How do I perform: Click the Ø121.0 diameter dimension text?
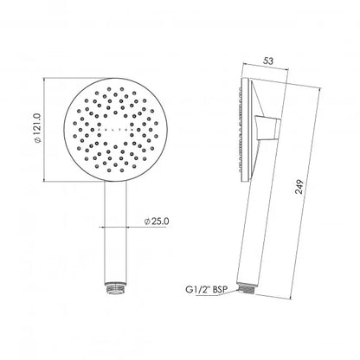click(x=39, y=128)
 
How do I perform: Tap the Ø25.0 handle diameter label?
click(x=157, y=222)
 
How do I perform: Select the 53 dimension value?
click(x=268, y=61)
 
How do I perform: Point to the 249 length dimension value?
click(x=300, y=187)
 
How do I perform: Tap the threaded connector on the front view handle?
click(x=115, y=288)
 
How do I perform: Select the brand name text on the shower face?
click(x=115, y=130)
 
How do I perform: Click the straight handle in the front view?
click(x=115, y=233)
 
